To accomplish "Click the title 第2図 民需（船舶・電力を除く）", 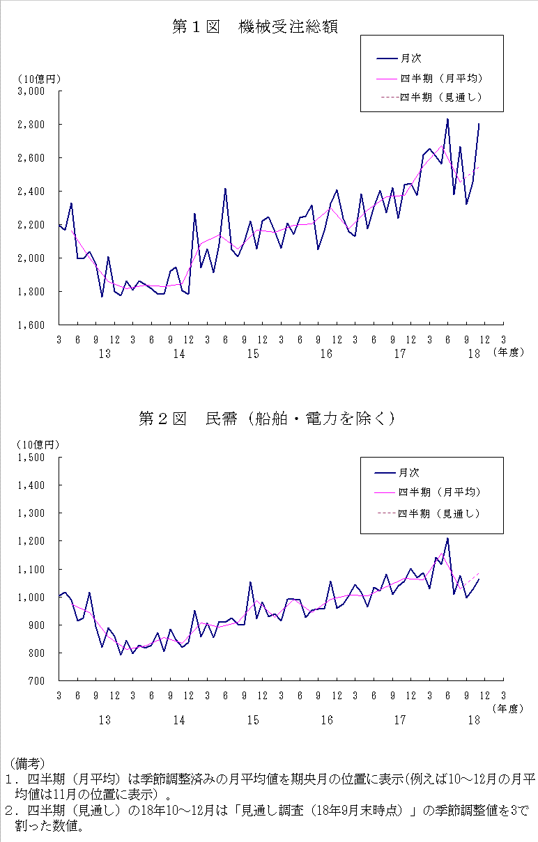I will pos(267,418).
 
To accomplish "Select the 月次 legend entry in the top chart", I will pos(410,59).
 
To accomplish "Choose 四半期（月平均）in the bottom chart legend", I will pos(439,492).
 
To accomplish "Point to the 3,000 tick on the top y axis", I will pos(31,91).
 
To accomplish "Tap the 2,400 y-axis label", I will pos(31,192).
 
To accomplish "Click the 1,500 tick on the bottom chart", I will pos(31,458).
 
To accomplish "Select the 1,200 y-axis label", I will pos(31,541).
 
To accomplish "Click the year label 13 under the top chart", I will pos(105,354).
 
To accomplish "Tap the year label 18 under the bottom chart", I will pos(474,720).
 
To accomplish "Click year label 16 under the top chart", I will pos(326,354).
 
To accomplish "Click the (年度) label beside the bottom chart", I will pos(507,708).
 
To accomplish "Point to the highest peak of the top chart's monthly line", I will pos(447,119).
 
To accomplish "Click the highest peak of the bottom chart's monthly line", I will pos(447,538).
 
